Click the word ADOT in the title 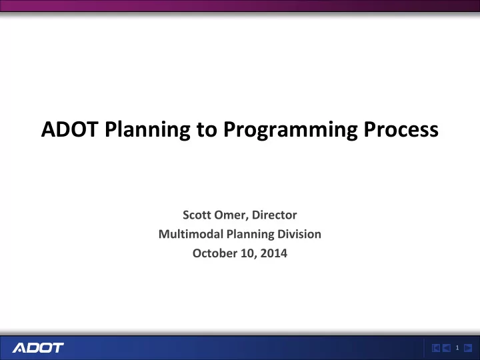tap(69, 129)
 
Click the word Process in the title tap(401, 129)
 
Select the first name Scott tap(197, 215)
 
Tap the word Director tap(274, 215)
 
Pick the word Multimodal tap(191, 234)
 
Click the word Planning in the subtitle tap(250, 235)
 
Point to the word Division tap(299, 234)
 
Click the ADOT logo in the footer tap(38, 348)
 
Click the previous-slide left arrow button tap(446, 348)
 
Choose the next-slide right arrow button tap(468, 348)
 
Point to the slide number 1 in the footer tap(457, 348)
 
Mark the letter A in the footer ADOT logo tap(19, 348)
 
